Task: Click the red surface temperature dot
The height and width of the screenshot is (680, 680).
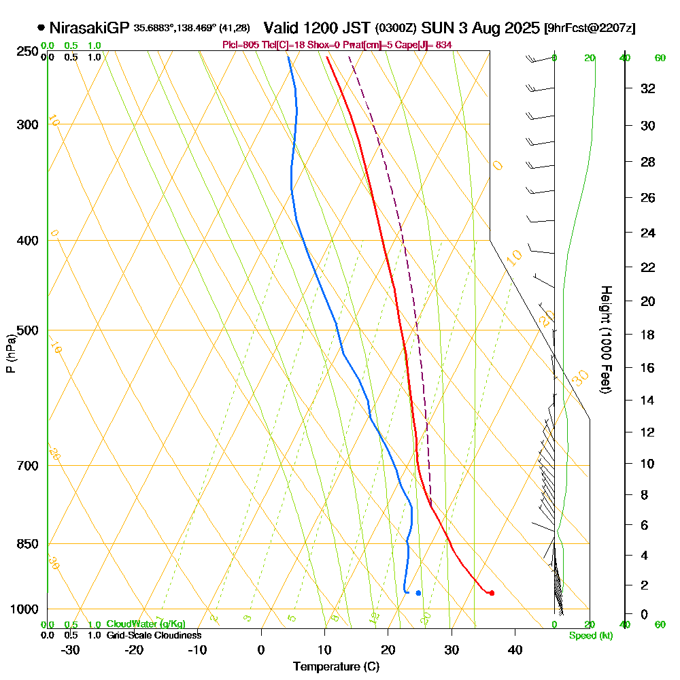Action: click(x=492, y=593)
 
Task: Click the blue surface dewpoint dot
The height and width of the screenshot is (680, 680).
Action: click(x=418, y=593)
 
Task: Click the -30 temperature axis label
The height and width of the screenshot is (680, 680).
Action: click(x=71, y=649)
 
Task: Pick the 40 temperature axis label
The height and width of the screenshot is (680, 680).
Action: click(x=515, y=649)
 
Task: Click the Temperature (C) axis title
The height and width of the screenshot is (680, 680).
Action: click(x=336, y=667)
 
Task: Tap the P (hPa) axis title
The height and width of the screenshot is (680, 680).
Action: click(x=10, y=354)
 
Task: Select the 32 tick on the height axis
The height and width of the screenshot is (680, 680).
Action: click(x=648, y=88)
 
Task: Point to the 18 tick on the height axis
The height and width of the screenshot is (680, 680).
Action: click(x=648, y=335)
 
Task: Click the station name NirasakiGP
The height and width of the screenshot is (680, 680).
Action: click(x=89, y=28)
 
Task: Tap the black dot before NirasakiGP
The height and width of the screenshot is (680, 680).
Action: click(x=41, y=28)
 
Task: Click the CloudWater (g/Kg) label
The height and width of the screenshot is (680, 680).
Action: click(x=146, y=624)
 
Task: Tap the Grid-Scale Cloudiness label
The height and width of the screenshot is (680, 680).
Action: click(x=154, y=635)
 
